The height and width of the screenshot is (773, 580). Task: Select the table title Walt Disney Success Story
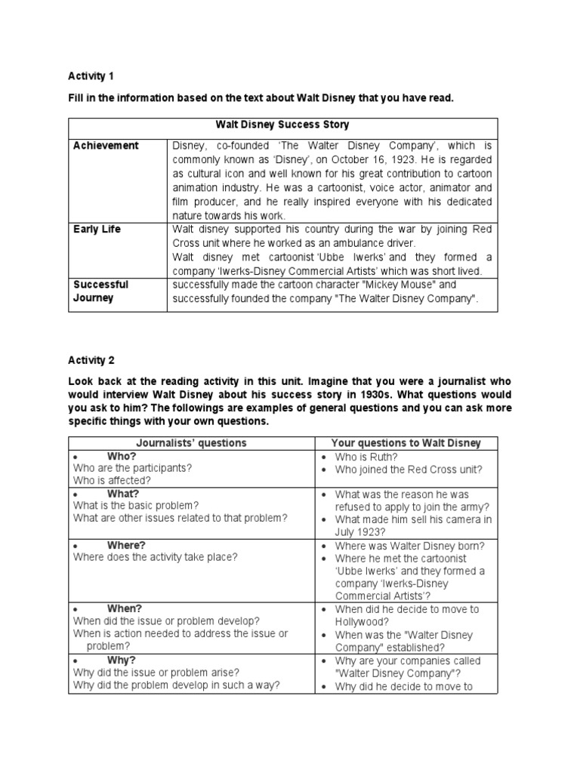(282, 125)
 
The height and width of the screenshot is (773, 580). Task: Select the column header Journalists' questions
(191, 442)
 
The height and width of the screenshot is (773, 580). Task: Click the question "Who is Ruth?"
(366, 456)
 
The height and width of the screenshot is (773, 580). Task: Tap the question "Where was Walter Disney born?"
(409, 545)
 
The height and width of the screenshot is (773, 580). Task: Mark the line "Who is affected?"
(112, 481)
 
